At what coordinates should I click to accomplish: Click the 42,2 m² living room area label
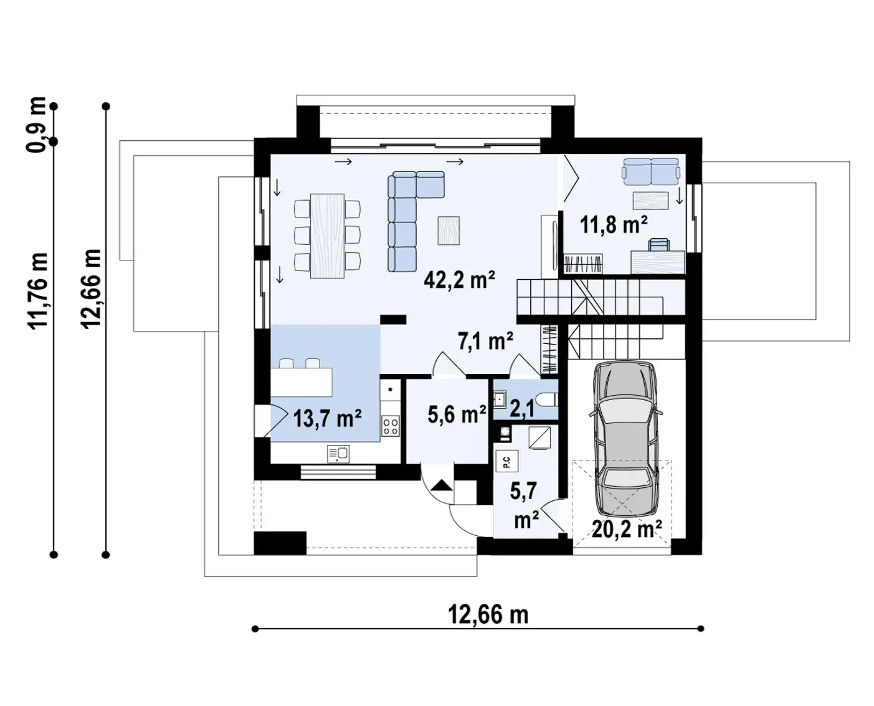point(460,280)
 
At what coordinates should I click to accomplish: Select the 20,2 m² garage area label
point(627,529)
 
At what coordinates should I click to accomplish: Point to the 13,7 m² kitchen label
point(328,419)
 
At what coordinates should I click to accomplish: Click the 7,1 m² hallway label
point(485,341)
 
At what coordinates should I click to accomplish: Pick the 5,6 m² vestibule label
point(457,414)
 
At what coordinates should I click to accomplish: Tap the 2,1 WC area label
point(522,409)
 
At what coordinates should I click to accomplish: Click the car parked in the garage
point(625,439)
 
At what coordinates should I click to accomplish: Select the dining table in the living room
point(327,236)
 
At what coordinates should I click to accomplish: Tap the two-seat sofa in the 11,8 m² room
point(651,172)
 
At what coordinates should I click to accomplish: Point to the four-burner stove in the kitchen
point(390,426)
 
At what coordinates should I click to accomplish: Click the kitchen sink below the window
point(338,454)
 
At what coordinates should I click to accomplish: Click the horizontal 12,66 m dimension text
point(488,614)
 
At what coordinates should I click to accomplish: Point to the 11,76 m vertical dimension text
point(38,290)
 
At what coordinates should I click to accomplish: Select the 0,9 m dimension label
point(36,125)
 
